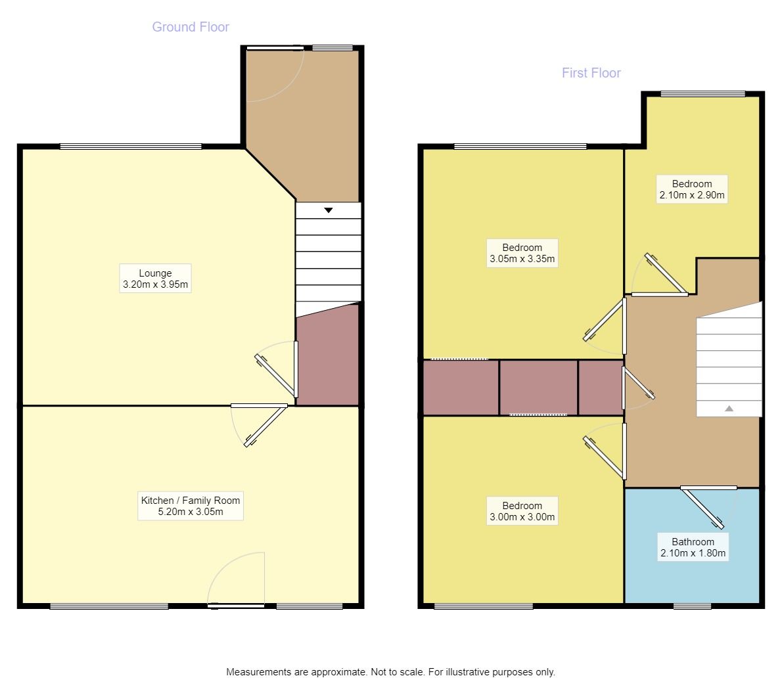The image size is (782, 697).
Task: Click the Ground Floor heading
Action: point(191,27)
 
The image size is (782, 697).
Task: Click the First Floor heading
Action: point(591,73)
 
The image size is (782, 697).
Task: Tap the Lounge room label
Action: point(155,279)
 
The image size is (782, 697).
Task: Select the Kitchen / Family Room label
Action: point(191,506)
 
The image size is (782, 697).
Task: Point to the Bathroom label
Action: point(693,547)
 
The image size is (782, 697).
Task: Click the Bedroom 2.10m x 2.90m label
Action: point(692,189)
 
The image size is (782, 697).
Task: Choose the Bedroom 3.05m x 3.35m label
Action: point(522,254)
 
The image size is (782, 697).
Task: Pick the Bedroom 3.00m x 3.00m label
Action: point(522,511)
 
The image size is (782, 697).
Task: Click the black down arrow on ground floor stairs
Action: point(328,210)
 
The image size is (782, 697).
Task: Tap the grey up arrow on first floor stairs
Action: point(729,409)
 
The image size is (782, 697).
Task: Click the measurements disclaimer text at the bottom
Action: point(390,672)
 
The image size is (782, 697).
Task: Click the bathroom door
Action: point(708,506)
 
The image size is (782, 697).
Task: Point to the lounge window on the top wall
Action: point(131,146)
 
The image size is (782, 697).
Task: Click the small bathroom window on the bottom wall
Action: point(692,606)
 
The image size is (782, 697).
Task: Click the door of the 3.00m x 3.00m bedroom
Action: point(605,451)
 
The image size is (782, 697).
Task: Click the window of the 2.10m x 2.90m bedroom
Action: point(702,94)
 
